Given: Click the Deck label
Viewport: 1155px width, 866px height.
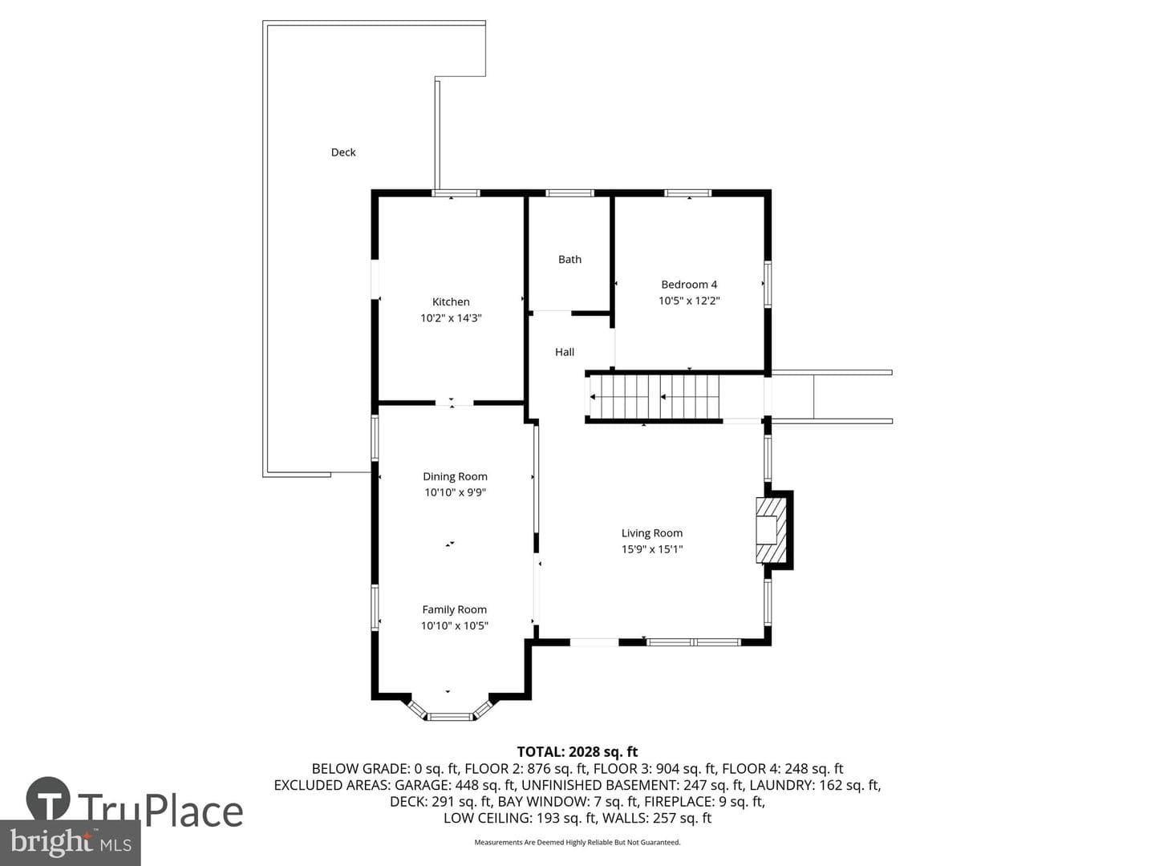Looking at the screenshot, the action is coord(343,152).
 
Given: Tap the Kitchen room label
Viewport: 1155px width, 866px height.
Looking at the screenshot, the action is coord(451,301).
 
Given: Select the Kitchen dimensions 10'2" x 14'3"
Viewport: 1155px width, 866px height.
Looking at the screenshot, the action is coord(451,318).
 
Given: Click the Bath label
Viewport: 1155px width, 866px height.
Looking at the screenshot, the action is coord(569,259).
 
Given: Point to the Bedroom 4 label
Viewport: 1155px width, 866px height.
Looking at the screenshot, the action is coord(689,285).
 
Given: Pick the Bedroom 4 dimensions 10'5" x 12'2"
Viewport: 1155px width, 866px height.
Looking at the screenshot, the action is coord(689,301).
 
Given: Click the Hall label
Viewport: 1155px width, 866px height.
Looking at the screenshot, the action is coord(565,352).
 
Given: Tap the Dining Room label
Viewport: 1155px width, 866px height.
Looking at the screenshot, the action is coord(455,476).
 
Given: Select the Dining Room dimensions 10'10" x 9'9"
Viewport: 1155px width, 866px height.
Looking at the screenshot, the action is coord(455,492).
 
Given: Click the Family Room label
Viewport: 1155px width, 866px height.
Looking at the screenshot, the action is coord(455,609).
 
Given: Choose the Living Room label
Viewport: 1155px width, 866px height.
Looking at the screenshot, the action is coord(652,533).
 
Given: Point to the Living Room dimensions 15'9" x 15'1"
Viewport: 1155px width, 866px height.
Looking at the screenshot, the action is coord(652,549).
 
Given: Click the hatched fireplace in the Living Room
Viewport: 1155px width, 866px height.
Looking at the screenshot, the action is coord(771,530).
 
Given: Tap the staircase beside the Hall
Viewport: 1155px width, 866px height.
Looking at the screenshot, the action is coord(654,397).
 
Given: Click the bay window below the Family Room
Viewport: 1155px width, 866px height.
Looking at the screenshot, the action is coord(450,710).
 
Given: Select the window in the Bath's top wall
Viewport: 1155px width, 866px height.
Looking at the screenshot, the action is coord(569,193).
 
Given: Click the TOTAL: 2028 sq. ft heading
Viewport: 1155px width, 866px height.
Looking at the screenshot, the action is coord(577,752).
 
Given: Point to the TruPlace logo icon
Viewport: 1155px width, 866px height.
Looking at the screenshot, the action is coord(48,799).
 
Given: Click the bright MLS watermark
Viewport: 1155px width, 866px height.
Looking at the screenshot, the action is coord(71,842).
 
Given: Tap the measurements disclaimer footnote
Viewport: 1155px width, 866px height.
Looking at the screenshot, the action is coord(577,842).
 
